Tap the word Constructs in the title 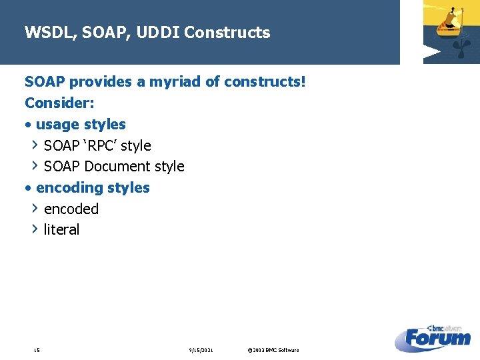pos(227,33)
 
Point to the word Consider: pos(59,103)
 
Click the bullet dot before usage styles pos(28,125)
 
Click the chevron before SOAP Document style pos(35,165)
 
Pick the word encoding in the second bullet pos(65,188)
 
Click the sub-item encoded pos(71,209)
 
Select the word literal pos(61,229)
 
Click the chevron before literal pos(35,229)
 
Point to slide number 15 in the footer pos(36,350)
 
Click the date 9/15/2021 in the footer pos(201,350)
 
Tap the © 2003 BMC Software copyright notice pos(273,350)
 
